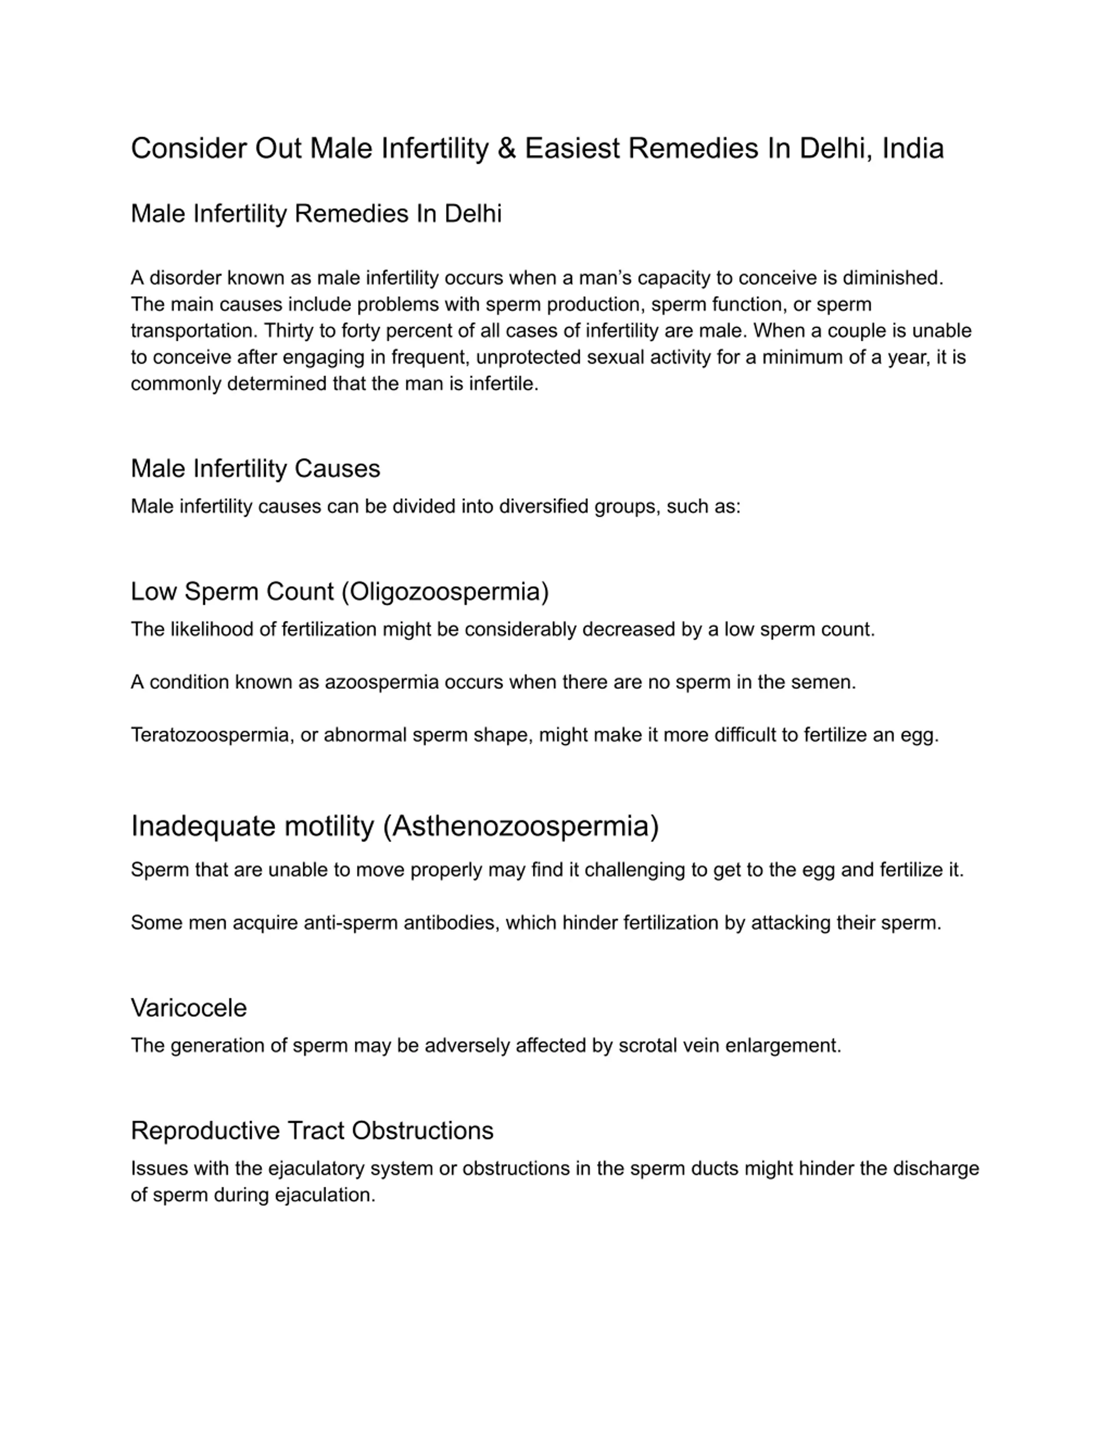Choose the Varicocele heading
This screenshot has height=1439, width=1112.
click(189, 1008)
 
